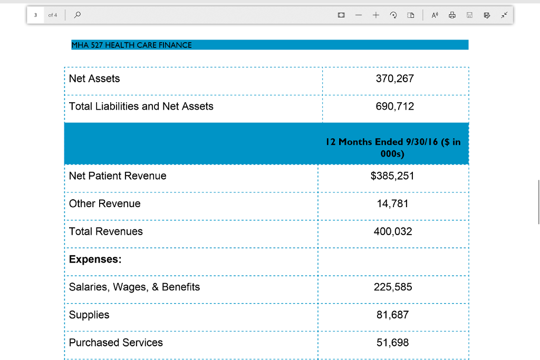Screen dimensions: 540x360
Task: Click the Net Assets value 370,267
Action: coord(394,79)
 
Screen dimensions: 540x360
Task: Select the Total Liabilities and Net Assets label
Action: coord(141,106)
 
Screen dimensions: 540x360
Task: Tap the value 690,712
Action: coord(394,106)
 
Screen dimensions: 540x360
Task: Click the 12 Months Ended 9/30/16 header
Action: coord(393,148)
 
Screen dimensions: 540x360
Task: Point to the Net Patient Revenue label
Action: coord(118,176)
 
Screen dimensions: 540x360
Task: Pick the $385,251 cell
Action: coord(392,176)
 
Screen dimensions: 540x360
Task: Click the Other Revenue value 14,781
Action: coord(392,203)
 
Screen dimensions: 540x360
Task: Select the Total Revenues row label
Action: coord(105,231)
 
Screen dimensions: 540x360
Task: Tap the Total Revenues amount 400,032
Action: coord(392,231)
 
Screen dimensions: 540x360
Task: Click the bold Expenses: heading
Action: coord(95,259)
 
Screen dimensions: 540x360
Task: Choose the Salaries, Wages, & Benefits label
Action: coord(134,287)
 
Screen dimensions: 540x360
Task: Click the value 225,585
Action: coord(392,287)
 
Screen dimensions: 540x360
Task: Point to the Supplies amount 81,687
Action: coord(392,315)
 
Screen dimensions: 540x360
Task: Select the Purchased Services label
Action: coord(115,343)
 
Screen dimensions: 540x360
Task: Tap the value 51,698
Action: coord(392,343)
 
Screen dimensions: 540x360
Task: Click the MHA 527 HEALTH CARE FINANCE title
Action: coord(132,45)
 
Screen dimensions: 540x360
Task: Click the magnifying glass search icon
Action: coord(78,15)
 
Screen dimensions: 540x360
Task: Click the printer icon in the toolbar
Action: coord(452,15)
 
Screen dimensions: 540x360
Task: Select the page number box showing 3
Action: coord(35,15)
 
